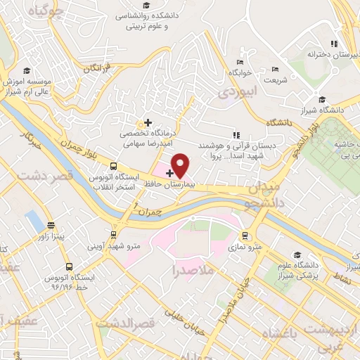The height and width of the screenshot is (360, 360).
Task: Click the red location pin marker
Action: (x=181, y=165)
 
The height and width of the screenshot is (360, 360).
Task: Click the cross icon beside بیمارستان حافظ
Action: (x=169, y=173)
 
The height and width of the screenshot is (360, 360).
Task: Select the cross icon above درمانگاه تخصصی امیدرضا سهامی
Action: (x=148, y=123)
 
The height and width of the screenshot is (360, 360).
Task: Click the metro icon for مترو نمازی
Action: (x=245, y=236)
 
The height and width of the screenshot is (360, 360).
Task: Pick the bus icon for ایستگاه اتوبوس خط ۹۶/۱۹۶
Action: (x=69, y=267)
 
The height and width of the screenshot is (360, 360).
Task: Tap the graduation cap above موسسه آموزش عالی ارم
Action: (x=27, y=70)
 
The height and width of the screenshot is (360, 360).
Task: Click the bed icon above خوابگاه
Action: (x=241, y=62)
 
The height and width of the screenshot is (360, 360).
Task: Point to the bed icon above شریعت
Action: (x=275, y=68)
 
